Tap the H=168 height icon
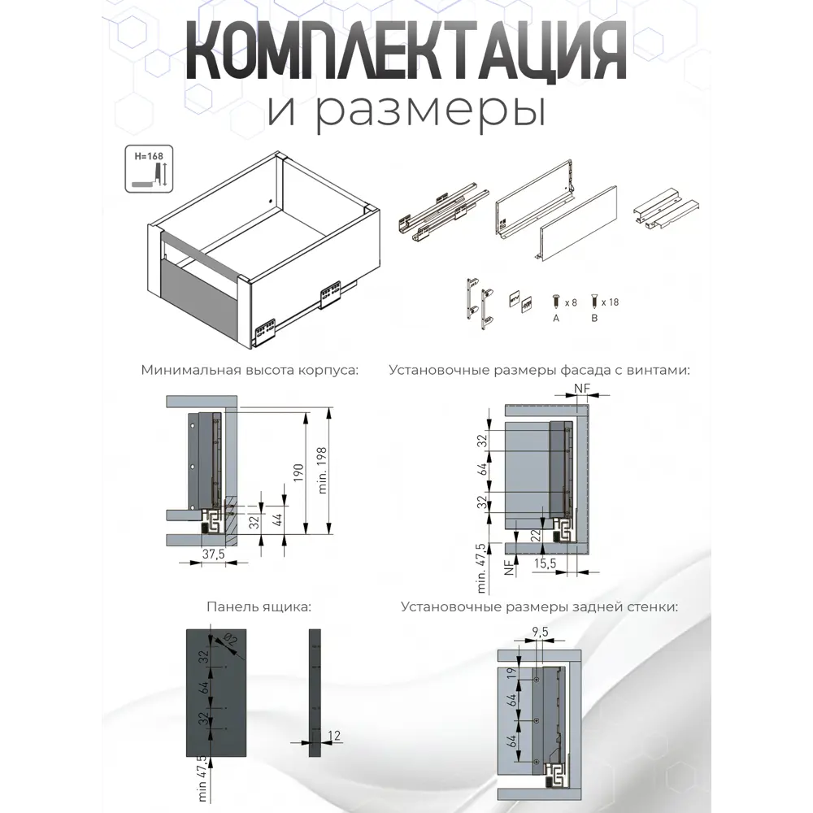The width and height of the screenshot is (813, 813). point(150,169)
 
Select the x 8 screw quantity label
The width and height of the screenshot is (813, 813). point(571,302)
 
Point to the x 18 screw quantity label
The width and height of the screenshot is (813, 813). point(610,302)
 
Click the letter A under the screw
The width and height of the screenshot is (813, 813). point(556,319)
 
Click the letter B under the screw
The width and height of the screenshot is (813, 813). point(594,319)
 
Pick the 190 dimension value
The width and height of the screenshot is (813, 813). point(298,473)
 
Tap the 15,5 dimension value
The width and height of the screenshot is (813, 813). point(546,562)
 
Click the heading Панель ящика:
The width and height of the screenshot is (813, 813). point(259,606)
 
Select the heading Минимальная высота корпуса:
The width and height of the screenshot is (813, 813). point(249,369)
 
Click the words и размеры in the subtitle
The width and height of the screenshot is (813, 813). point(405,111)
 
